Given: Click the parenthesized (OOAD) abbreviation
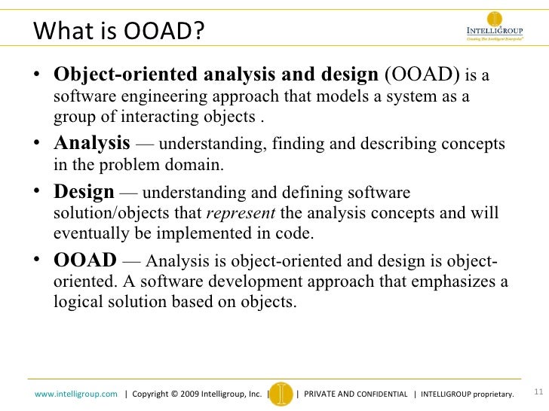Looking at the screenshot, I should (x=422, y=76).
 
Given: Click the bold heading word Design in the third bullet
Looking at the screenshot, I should (x=84, y=191).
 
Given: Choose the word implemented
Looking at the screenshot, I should (x=198, y=233).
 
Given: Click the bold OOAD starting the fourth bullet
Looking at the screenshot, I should (x=84, y=261).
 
